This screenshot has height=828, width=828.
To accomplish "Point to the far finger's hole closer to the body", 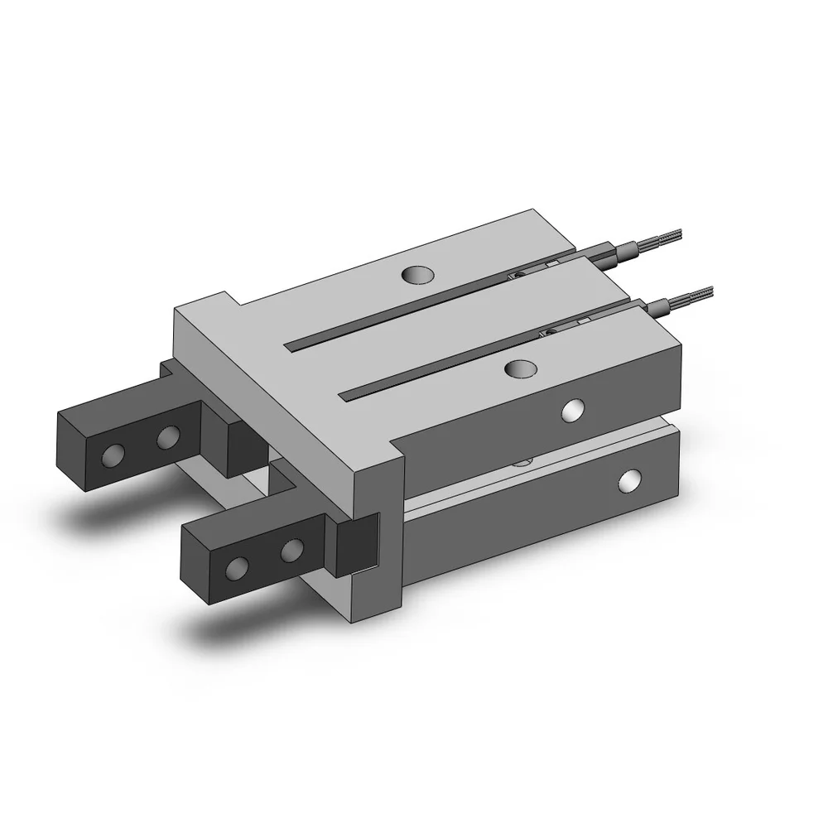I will pos(168,436).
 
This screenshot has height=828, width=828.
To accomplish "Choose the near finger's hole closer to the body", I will pos(291,551).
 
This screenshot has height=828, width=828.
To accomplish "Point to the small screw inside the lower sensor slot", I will pos(547,333).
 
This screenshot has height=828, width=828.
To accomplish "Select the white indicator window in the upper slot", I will pos(550,262).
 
